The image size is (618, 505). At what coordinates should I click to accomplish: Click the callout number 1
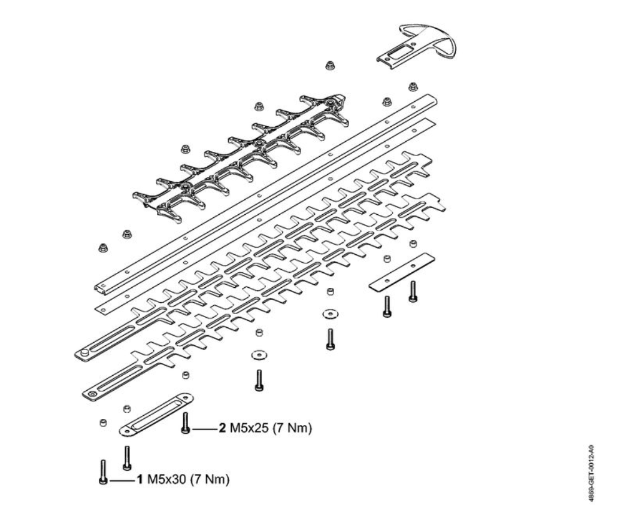pyautogui.click(x=139, y=480)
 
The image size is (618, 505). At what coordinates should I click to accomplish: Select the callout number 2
pyautogui.click(x=222, y=429)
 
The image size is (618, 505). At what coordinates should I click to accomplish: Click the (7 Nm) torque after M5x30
pyautogui.click(x=209, y=480)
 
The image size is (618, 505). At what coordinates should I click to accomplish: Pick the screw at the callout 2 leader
pyautogui.click(x=186, y=422)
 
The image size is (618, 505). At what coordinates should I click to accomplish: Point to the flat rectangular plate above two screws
pyautogui.click(x=401, y=270)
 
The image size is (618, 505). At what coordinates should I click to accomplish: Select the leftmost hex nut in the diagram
pyautogui.click(x=102, y=247)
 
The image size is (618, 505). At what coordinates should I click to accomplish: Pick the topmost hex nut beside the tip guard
pyautogui.click(x=329, y=65)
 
